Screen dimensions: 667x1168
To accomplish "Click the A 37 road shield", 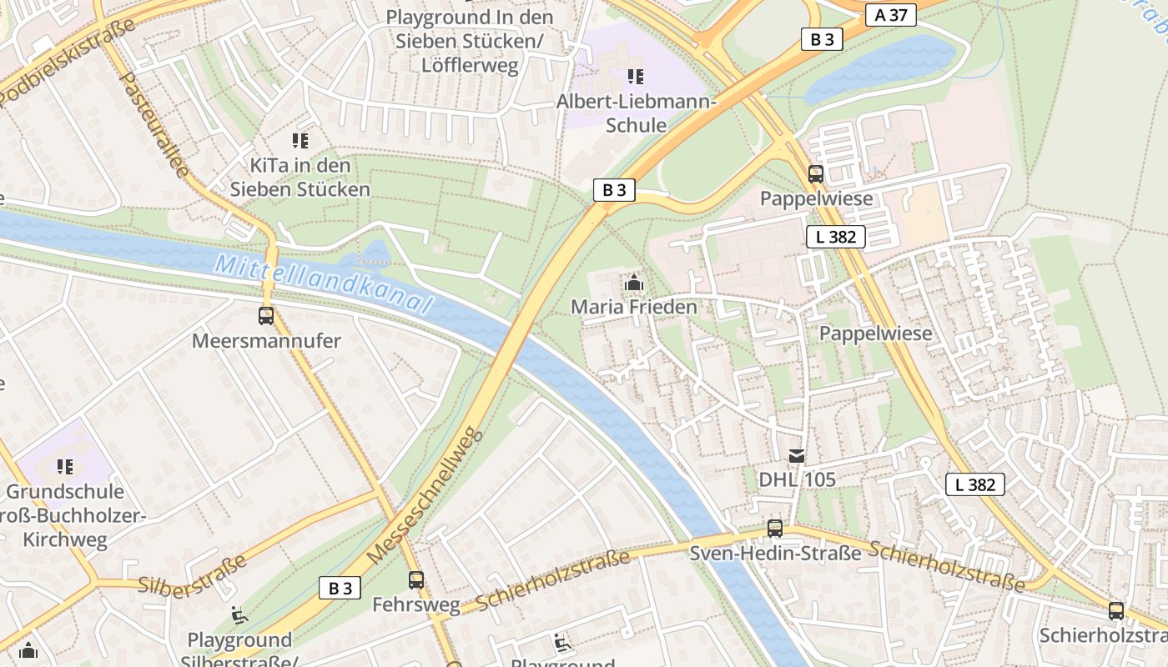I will (x=890, y=15).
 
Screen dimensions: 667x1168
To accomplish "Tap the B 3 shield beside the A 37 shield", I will (x=822, y=39).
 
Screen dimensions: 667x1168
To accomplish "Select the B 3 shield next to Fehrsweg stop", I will (x=340, y=588).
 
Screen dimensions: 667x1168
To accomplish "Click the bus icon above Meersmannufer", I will (x=266, y=316).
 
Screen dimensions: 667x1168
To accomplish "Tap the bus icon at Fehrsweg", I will (x=415, y=579).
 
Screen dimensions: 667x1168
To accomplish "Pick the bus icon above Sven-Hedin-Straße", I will (x=775, y=528).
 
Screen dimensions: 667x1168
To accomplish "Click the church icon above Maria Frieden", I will (x=633, y=283).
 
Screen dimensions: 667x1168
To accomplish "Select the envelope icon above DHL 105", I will (x=797, y=455).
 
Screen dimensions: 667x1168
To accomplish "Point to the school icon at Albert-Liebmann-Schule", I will (x=636, y=77).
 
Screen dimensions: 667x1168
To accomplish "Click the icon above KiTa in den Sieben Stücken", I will (x=300, y=141).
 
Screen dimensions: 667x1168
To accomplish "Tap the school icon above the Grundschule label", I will (x=65, y=467).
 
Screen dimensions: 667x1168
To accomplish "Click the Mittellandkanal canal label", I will (x=324, y=285).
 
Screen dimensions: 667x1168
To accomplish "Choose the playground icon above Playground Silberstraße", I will (x=239, y=615).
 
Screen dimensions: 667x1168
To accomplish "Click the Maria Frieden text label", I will (x=633, y=307).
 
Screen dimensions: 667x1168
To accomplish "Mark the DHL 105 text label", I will (x=797, y=479).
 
